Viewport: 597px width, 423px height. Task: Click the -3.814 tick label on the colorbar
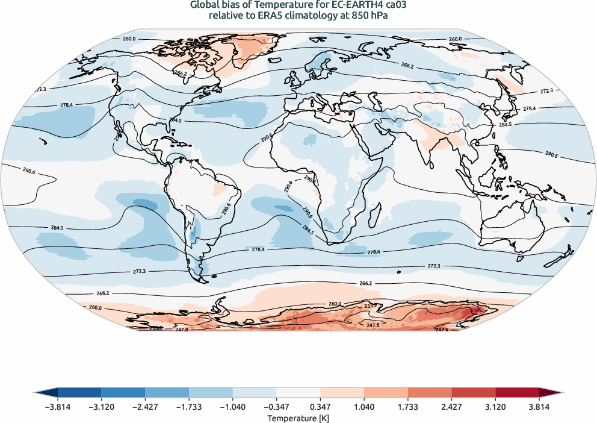58,407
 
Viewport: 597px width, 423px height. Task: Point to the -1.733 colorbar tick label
189,407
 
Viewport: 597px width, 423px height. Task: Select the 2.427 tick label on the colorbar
451,407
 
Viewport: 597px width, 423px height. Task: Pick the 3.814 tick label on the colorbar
539,407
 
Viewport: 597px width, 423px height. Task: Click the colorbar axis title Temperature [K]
298,418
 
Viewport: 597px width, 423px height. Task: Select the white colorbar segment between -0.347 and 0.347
298,393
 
